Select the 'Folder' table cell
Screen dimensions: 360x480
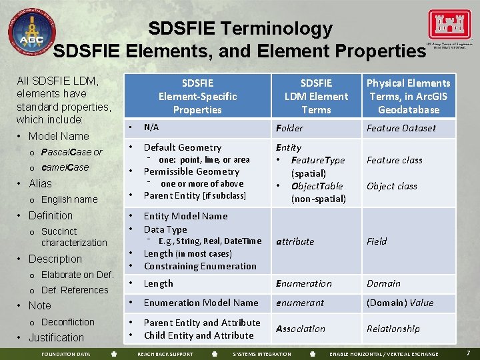click(289, 128)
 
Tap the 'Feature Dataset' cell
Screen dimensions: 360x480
click(401, 128)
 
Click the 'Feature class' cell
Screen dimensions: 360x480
click(394, 160)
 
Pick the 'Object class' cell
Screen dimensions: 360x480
click(391, 186)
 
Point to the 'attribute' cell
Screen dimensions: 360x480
click(295, 241)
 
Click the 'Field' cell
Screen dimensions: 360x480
click(377, 241)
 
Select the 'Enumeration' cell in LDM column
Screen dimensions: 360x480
click(303, 283)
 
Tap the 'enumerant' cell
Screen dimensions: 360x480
click(299, 303)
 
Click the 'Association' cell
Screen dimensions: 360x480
click(301, 329)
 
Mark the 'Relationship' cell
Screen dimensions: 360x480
click(393, 329)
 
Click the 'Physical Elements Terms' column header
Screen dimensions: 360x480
click(408, 96)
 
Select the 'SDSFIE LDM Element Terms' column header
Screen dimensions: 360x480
click(316, 96)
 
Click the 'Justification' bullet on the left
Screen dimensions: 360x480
click(56, 337)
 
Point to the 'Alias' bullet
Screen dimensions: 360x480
click(40, 183)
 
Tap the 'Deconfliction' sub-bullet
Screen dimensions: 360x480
click(67, 322)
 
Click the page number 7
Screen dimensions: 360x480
click(469, 352)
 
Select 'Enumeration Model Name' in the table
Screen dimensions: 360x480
click(201, 303)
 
